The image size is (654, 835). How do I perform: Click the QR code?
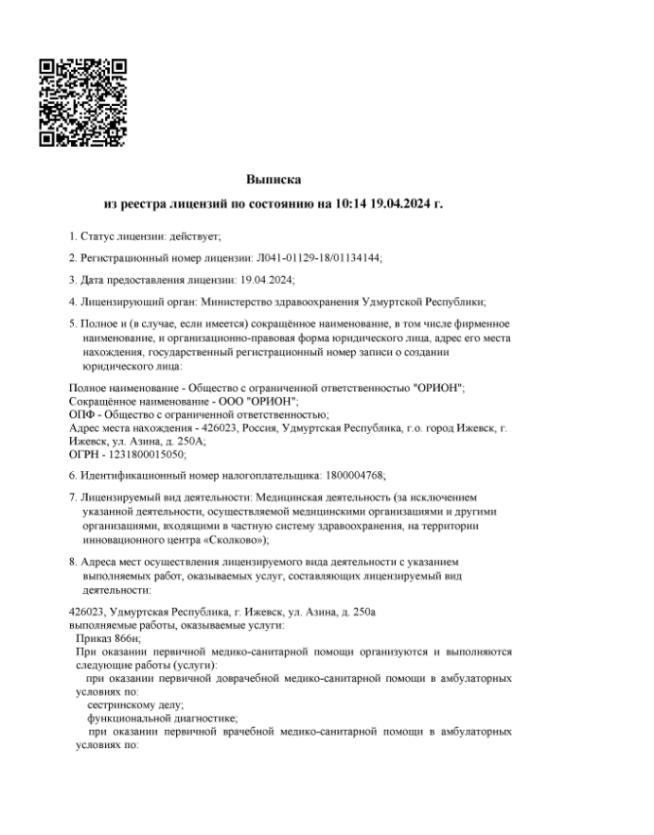[x=83, y=103]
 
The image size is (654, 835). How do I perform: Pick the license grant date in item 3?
[x=269, y=279]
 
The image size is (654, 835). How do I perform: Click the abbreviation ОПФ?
[x=82, y=414]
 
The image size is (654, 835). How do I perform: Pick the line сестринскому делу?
[x=135, y=705]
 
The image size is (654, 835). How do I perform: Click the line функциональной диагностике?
[x=155, y=719]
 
